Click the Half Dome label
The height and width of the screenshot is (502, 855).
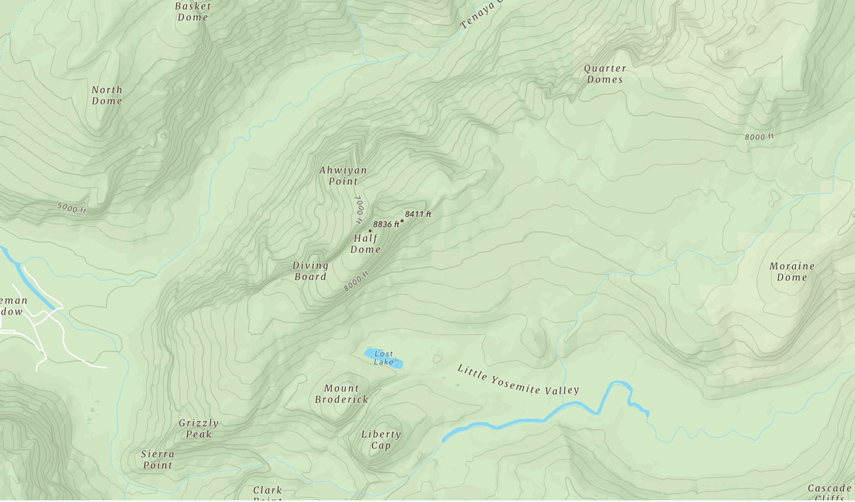pos(365,244)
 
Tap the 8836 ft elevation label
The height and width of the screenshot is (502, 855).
pos(386,224)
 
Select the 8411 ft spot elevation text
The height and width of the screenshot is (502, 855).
pos(418,214)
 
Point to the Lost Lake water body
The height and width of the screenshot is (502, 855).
pos(383,357)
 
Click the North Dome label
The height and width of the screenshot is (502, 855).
pos(107,95)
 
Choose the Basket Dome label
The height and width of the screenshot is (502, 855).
pos(193,11)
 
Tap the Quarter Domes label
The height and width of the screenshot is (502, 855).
pos(605,74)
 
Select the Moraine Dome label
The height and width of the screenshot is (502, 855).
pos(792,271)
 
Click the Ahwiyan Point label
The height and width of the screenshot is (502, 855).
pos(343,176)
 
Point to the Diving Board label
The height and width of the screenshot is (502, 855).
pos(310,271)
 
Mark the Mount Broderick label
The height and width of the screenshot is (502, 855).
pos(341,394)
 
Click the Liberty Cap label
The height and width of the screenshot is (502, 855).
pos(381,440)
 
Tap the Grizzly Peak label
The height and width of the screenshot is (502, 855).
pos(199,428)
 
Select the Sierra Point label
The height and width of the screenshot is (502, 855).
pos(158,459)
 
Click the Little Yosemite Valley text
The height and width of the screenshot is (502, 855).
pos(518,379)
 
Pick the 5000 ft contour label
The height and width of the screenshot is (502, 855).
pos(72,208)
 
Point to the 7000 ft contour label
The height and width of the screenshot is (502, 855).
pos(359,209)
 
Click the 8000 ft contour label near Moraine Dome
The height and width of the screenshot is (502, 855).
pos(759,137)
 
